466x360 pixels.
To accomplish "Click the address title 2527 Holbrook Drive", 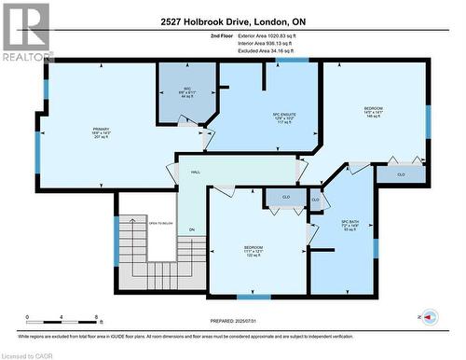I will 233,21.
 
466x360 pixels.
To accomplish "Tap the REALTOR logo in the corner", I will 26,32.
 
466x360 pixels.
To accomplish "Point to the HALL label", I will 196,173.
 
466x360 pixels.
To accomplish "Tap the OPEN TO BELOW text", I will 161,223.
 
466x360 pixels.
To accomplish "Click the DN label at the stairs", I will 192,229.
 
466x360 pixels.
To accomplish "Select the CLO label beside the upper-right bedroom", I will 400,173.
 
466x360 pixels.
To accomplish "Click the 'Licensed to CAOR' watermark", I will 27,354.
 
